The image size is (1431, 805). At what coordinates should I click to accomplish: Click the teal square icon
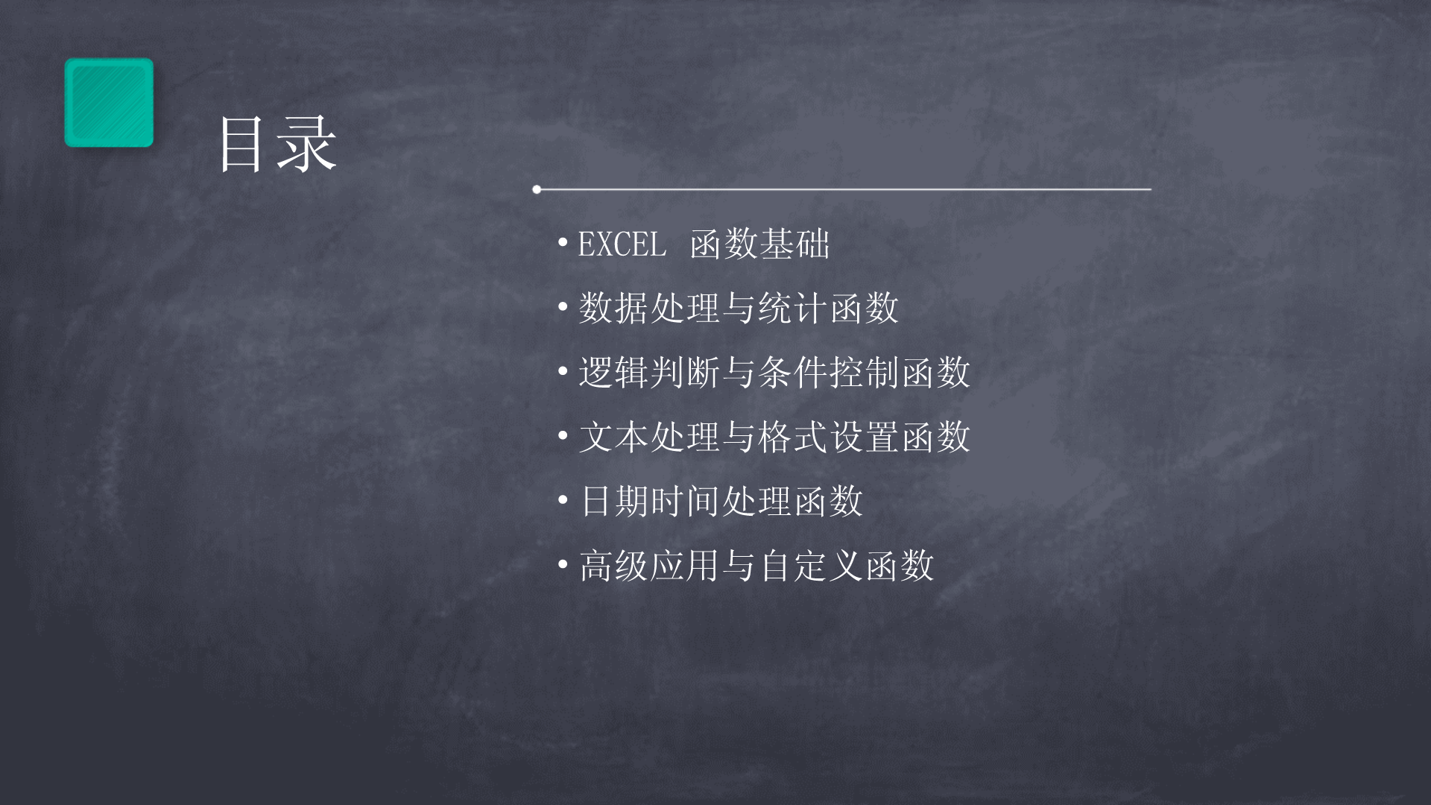109,102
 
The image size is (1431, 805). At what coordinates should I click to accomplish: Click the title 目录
278,145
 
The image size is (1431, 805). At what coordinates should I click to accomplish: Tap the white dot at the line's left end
537,189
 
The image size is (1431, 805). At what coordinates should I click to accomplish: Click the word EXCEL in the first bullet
622,244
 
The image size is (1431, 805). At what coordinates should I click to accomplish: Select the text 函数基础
759,244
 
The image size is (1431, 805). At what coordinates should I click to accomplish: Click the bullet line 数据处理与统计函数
739,308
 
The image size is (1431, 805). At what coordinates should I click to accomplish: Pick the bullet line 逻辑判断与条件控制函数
774,372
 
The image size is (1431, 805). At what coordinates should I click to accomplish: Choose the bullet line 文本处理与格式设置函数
774,436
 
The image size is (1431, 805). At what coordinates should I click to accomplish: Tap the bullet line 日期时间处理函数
721,500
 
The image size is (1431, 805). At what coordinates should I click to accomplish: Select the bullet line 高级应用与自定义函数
756,564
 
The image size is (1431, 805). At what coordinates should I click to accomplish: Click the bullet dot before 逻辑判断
563,370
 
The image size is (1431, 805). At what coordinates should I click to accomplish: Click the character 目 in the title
243,145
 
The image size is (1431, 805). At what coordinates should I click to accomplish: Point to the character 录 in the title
308,145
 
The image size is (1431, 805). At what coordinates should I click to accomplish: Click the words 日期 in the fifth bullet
614,500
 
